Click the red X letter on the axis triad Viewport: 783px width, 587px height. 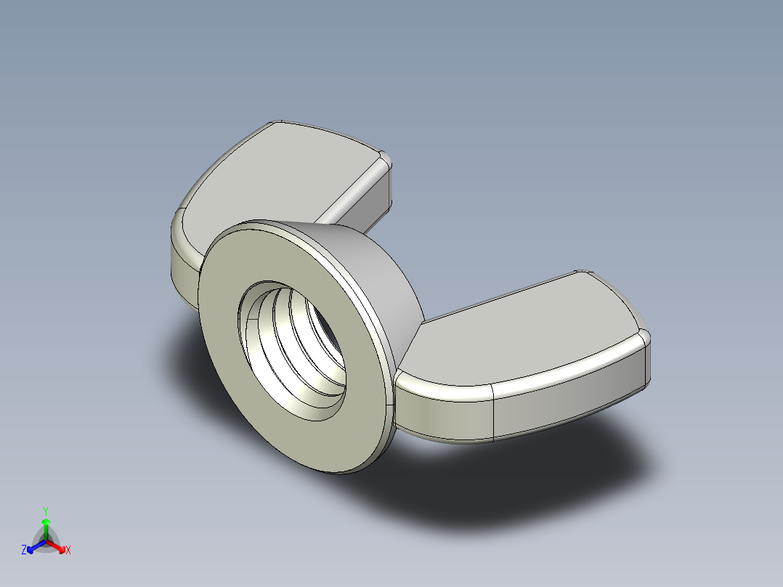68,551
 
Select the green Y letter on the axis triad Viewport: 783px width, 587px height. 46,511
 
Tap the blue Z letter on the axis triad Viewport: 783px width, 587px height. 24,550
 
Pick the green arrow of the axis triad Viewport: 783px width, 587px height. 46,525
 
